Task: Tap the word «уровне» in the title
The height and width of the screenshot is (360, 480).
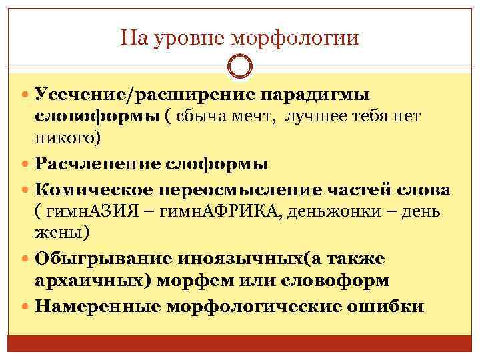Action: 185,39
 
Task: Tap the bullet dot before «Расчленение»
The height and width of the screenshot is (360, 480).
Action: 26,165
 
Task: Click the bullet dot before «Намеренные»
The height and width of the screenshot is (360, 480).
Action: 26,307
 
